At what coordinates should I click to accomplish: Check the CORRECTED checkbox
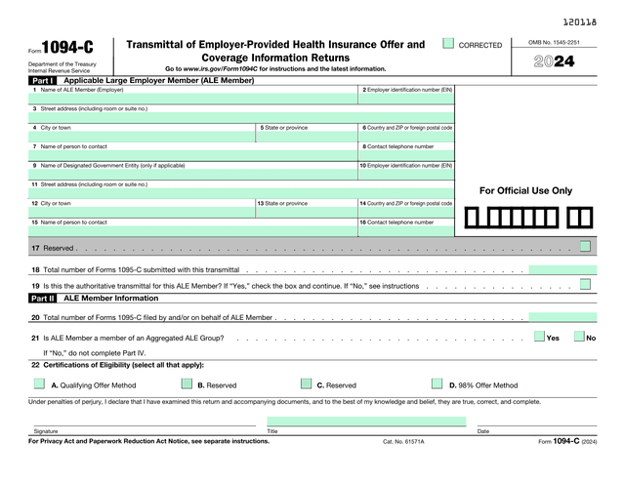point(448,44)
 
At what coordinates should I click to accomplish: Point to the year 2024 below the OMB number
point(554,62)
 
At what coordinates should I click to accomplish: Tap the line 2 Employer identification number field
point(406,99)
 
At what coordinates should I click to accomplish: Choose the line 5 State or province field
point(307,137)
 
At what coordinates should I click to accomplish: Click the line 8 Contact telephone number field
point(406,155)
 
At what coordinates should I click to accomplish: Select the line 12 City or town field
point(142,213)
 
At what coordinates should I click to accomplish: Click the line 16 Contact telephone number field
point(406,231)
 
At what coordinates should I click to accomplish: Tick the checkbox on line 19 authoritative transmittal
point(584,285)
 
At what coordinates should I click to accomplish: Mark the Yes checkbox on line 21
point(539,338)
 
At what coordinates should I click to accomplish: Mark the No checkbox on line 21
point(579,338)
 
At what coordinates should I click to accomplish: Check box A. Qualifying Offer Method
point(39,384)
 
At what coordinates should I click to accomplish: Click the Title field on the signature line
point(366,422)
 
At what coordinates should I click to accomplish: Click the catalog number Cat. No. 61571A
point(403,441)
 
